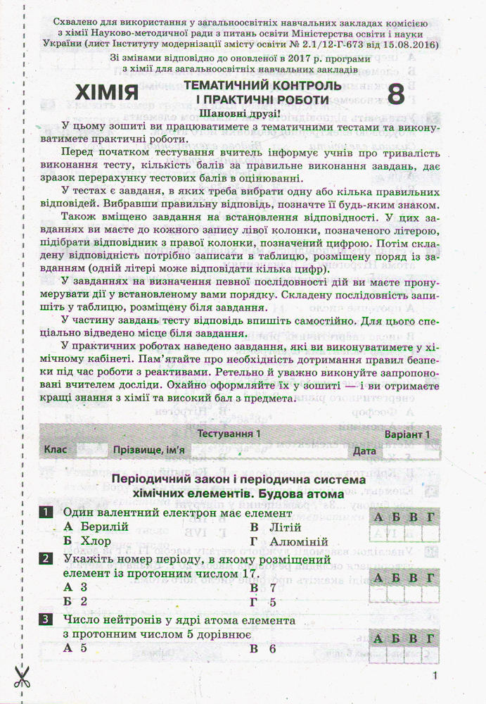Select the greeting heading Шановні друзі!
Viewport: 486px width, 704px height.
(x=239, y=114)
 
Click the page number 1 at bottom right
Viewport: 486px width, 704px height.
(x=436, y=677)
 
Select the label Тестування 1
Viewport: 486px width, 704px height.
(x=229, y=434)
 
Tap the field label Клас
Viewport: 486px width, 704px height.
(x=56, y=449)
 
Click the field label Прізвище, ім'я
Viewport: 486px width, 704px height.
(x=148, y=449)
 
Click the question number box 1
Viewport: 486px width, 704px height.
(x=46, y=512)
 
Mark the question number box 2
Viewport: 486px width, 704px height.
(x=46, y=558)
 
